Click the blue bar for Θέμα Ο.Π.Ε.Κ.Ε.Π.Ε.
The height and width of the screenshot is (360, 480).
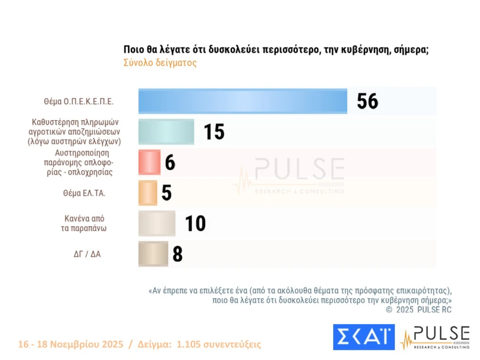(x=243, y=101)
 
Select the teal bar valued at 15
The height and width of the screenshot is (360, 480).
(x=166, y=131)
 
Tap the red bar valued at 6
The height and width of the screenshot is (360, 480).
(x=149, y=162)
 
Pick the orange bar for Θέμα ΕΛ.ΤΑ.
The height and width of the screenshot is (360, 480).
(x=148, y=193)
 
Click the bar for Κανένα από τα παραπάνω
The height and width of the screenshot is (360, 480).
(x=157, y=223)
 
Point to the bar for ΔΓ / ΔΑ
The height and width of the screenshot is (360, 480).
(x=153, y=254)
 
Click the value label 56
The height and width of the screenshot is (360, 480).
(x=367, y=101)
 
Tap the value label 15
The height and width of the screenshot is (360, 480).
(x=214, y=131)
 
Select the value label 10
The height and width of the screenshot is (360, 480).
(x=195, y=223)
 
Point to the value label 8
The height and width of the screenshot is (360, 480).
(x=177, y=254)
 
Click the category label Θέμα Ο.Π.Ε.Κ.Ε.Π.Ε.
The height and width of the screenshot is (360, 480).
(x=79, y=101)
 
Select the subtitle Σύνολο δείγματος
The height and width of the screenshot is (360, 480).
(x=160, y=63)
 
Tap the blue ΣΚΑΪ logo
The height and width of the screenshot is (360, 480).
(x=364, y=337)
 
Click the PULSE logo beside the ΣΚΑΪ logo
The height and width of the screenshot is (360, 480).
(x=435, y=337)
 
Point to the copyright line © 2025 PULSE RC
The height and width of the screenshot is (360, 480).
(x=418, y=310)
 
